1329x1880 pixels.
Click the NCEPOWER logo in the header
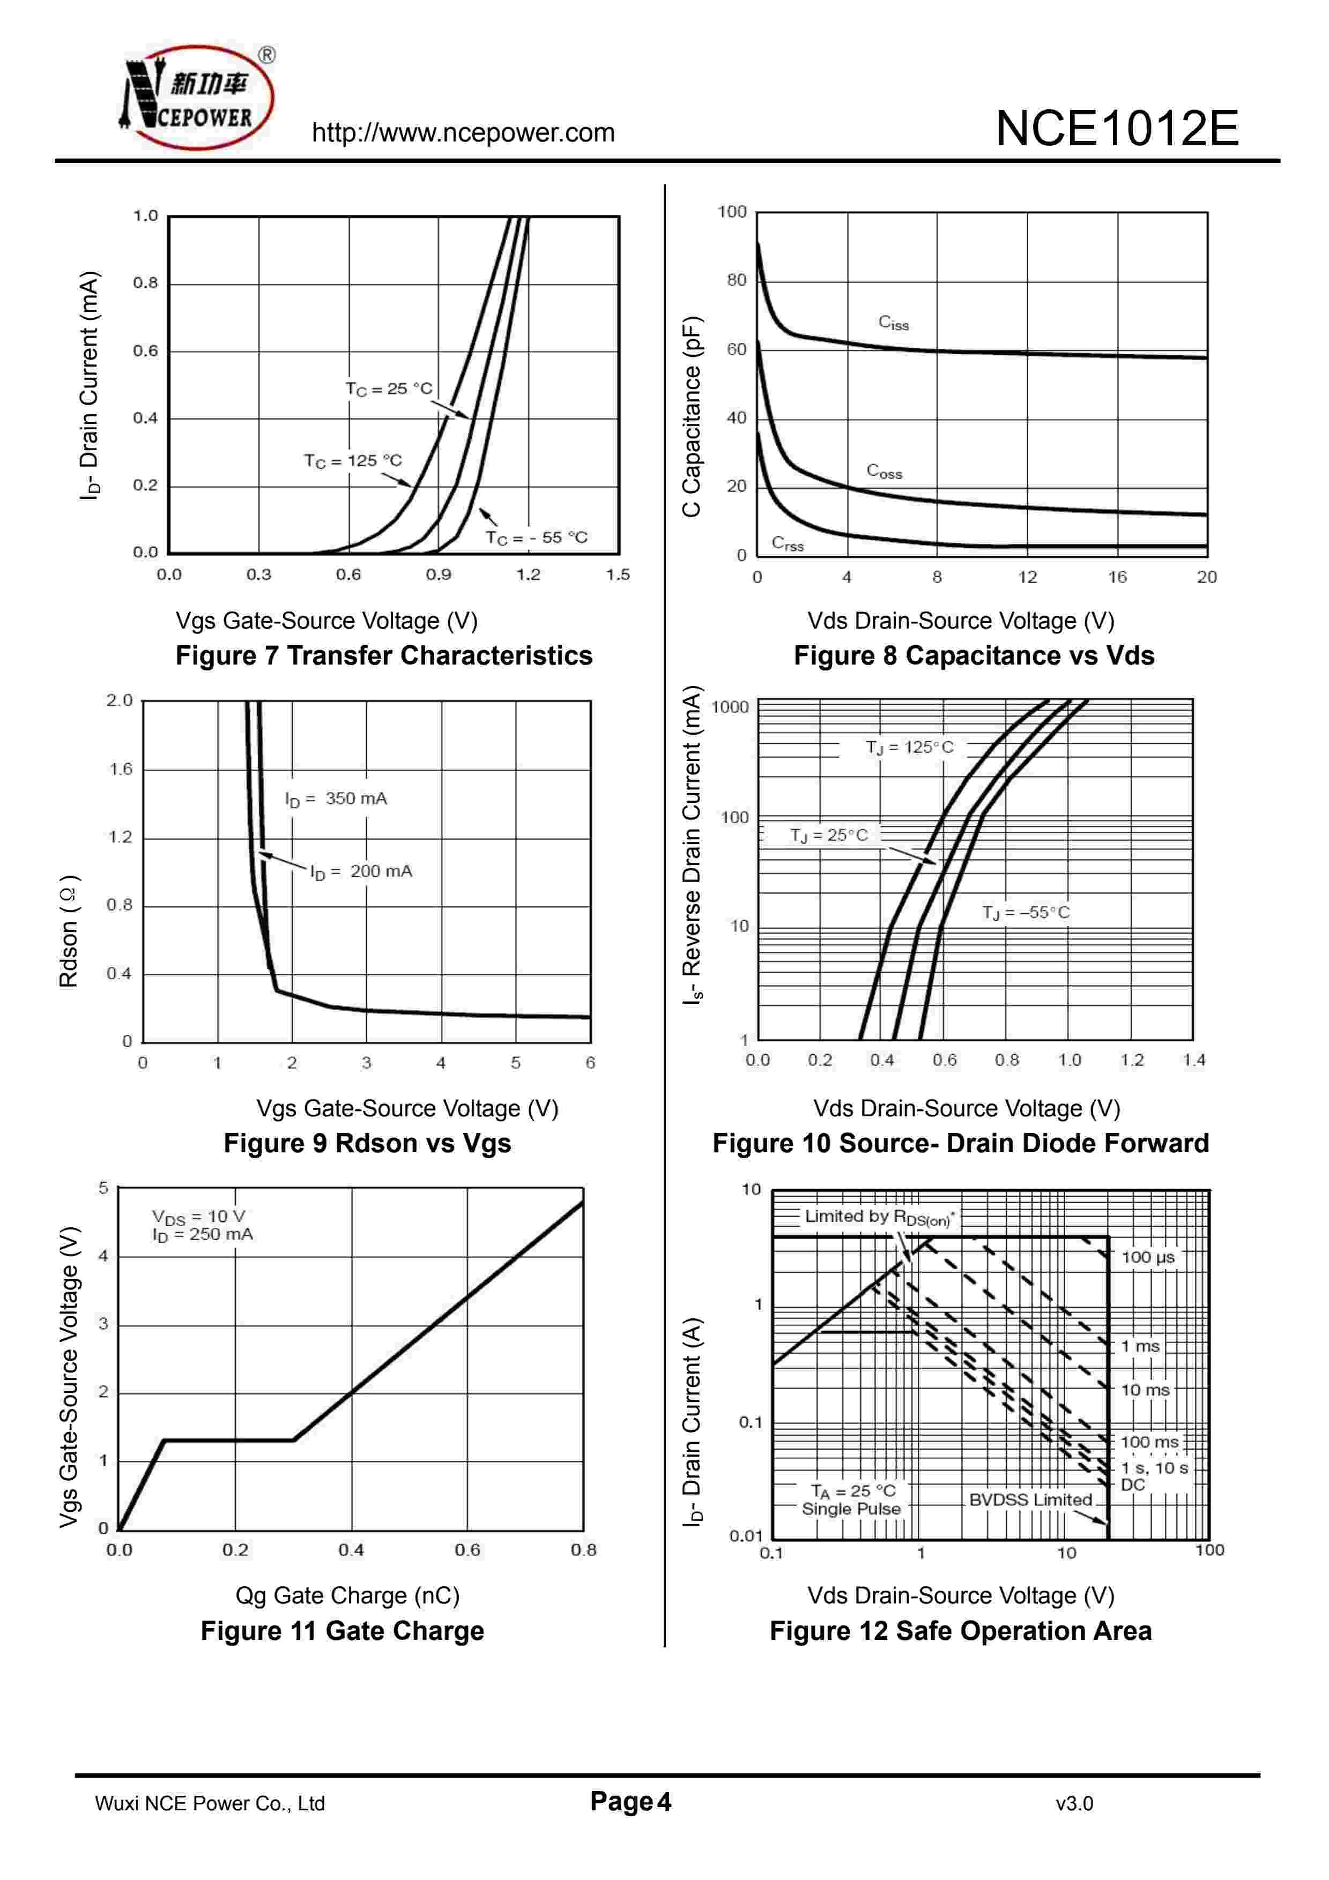(x=197, y=98)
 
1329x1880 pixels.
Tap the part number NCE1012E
(x=1117, y=129)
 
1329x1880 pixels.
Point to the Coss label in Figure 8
(x=885, y=472)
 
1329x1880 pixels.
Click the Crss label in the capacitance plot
(x=788, y=544)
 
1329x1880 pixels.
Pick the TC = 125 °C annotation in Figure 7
(x=353, y=461)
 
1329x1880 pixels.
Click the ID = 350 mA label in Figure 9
(x=336, y=799)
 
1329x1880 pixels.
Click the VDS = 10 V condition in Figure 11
(x=199, y=1217)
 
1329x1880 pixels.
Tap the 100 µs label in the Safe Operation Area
(x=1147, y=1257)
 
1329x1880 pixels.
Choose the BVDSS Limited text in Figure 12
(x=1030, y=1500)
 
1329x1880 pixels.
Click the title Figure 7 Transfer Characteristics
(x=383, y=656)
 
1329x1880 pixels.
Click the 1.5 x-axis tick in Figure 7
(x=618, y=575)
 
